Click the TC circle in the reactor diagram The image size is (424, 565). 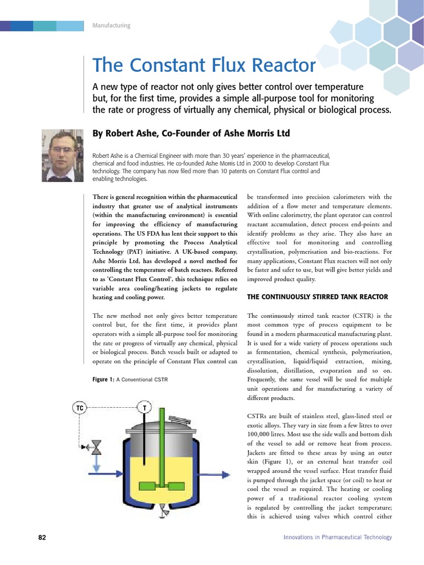pyautogui.click(x=80, y=408)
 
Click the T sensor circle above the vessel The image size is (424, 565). pyautogui.click(x=145, y=408)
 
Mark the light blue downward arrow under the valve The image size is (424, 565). pyautogui.click(x=96, y=467)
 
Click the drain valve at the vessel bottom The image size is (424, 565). pyautogui.click(x=163, y=512)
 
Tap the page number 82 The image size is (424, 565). pyautogui.click(x=42, y=537)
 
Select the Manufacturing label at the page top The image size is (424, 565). pyautogui.click(x=111, y=26)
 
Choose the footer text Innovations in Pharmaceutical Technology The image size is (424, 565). pyautogui.click(x=337, y=537)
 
